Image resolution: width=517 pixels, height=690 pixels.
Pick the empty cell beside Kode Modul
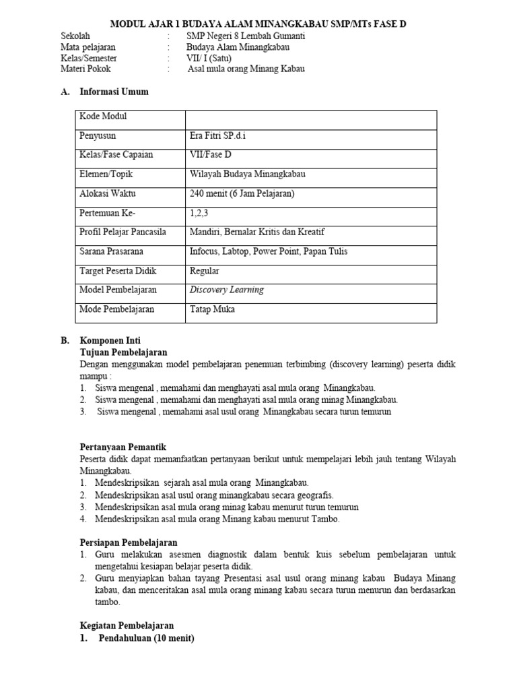[310, 117]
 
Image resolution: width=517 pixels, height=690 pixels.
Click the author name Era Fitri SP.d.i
[223, 135]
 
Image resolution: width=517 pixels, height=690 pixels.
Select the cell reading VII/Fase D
[210, 155]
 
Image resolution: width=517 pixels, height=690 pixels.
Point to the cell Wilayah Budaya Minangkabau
[248, 175]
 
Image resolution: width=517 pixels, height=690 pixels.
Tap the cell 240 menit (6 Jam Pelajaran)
[242, 194]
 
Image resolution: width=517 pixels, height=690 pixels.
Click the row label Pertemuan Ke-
[107, 213]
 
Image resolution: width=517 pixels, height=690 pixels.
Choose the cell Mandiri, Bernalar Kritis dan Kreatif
[257, 232]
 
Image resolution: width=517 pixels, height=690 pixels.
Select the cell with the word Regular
[205, 271]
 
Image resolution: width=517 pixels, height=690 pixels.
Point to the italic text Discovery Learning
[227, 290]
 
